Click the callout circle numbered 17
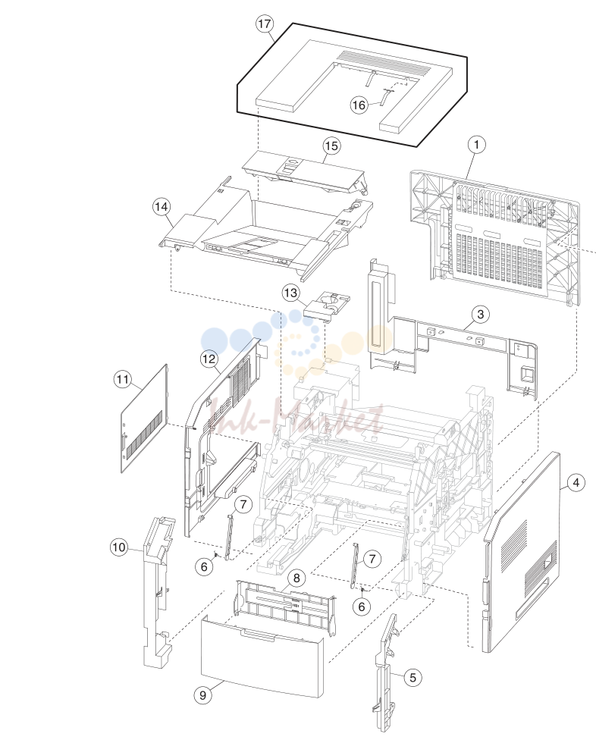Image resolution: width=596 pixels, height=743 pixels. (x=265, y=24)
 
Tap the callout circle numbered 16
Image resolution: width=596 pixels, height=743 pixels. (x=359, y=105)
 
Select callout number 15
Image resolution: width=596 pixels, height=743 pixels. (x=331, y=146)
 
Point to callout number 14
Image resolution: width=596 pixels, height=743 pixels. (x=162, y=206)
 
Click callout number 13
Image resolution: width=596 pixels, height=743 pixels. (x=291, y=293)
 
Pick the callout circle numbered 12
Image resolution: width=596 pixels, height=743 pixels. (x=209, y=359)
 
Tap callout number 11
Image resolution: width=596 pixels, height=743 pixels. (x=123, y=380)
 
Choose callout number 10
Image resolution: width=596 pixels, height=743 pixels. (x=119, y=547)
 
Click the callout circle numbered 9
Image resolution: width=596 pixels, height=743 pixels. (x=203, y=695)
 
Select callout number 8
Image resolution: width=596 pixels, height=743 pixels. (x=296, y=578)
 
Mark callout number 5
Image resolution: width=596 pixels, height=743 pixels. (x=413, y=677)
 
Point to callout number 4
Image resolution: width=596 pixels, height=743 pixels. (x=576, y=483)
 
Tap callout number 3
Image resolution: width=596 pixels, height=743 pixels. (x=481, y=314)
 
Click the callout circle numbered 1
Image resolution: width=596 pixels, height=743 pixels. (x=477, y=145)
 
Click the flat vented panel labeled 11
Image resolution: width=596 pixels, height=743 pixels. (x=143, y=419)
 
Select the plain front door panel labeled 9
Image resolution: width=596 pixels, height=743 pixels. (x=262, y=657)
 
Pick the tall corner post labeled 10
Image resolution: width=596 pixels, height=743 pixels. (x=158, y=590)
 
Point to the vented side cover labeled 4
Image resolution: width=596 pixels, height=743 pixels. (x=522, y=552)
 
